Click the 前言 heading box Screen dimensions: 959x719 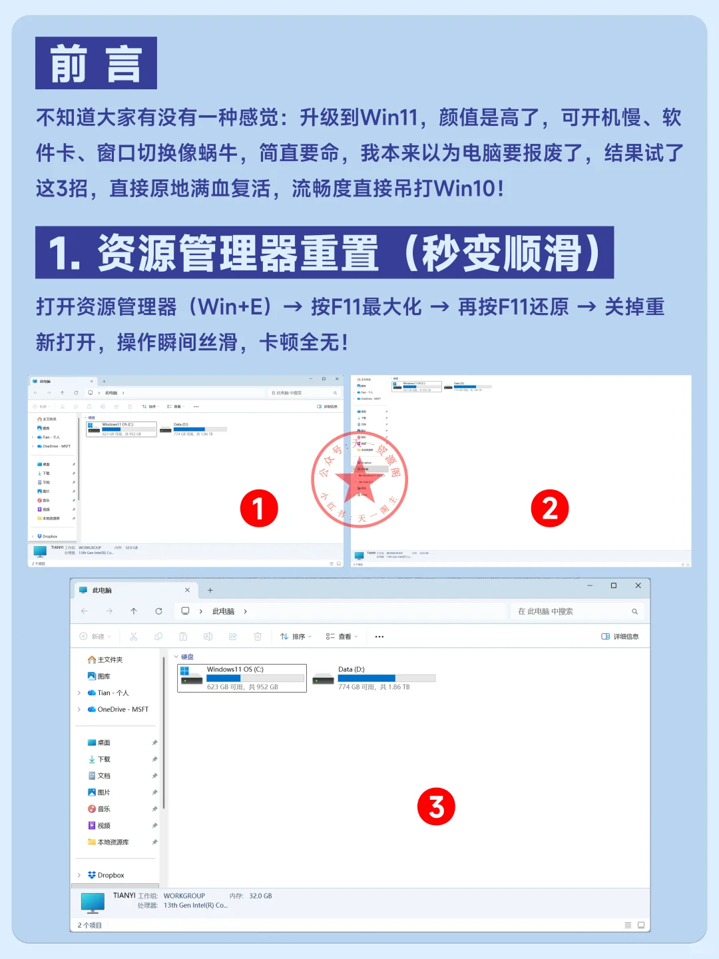[x=96, y=63]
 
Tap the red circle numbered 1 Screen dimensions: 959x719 [x=259, y=509]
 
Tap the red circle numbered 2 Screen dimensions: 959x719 [x=550, y=509]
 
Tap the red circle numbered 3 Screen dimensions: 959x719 [x=436, y=806]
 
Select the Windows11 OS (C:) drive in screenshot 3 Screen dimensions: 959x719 [x=242, y=678]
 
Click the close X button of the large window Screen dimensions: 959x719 [x=638, y=586]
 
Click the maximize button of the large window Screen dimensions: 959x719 [x=613, y=586]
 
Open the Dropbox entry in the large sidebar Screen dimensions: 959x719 [x=111, y=875]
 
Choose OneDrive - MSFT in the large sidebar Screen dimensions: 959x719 [x=122, y=709]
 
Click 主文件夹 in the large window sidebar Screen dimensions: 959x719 [x=110, y=659]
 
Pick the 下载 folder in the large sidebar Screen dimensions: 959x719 [x=104, y=759]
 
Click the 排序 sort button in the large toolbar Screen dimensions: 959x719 [x=296, y=637]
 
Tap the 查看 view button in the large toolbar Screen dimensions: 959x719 [x=342, y=637]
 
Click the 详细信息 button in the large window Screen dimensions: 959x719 [x=620, y=637]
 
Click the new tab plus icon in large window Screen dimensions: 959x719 [x=210, y=590]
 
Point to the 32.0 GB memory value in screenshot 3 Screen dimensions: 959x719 [x=260, y=896]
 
